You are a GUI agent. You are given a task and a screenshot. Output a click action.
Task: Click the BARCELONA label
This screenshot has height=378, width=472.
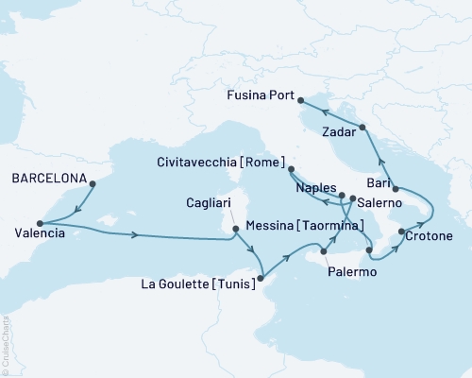48,178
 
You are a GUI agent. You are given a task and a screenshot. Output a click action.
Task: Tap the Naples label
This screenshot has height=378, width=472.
316,188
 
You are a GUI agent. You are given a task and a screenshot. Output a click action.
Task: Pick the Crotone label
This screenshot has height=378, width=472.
431,234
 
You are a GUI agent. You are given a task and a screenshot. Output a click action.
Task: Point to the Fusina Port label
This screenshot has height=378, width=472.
258,94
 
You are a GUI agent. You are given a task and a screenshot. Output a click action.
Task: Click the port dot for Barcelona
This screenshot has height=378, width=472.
92,183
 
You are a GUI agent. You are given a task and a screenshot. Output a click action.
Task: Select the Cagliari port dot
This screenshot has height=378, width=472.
235,228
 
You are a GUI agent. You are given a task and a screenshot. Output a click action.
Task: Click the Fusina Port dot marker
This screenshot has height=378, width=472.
300,99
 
